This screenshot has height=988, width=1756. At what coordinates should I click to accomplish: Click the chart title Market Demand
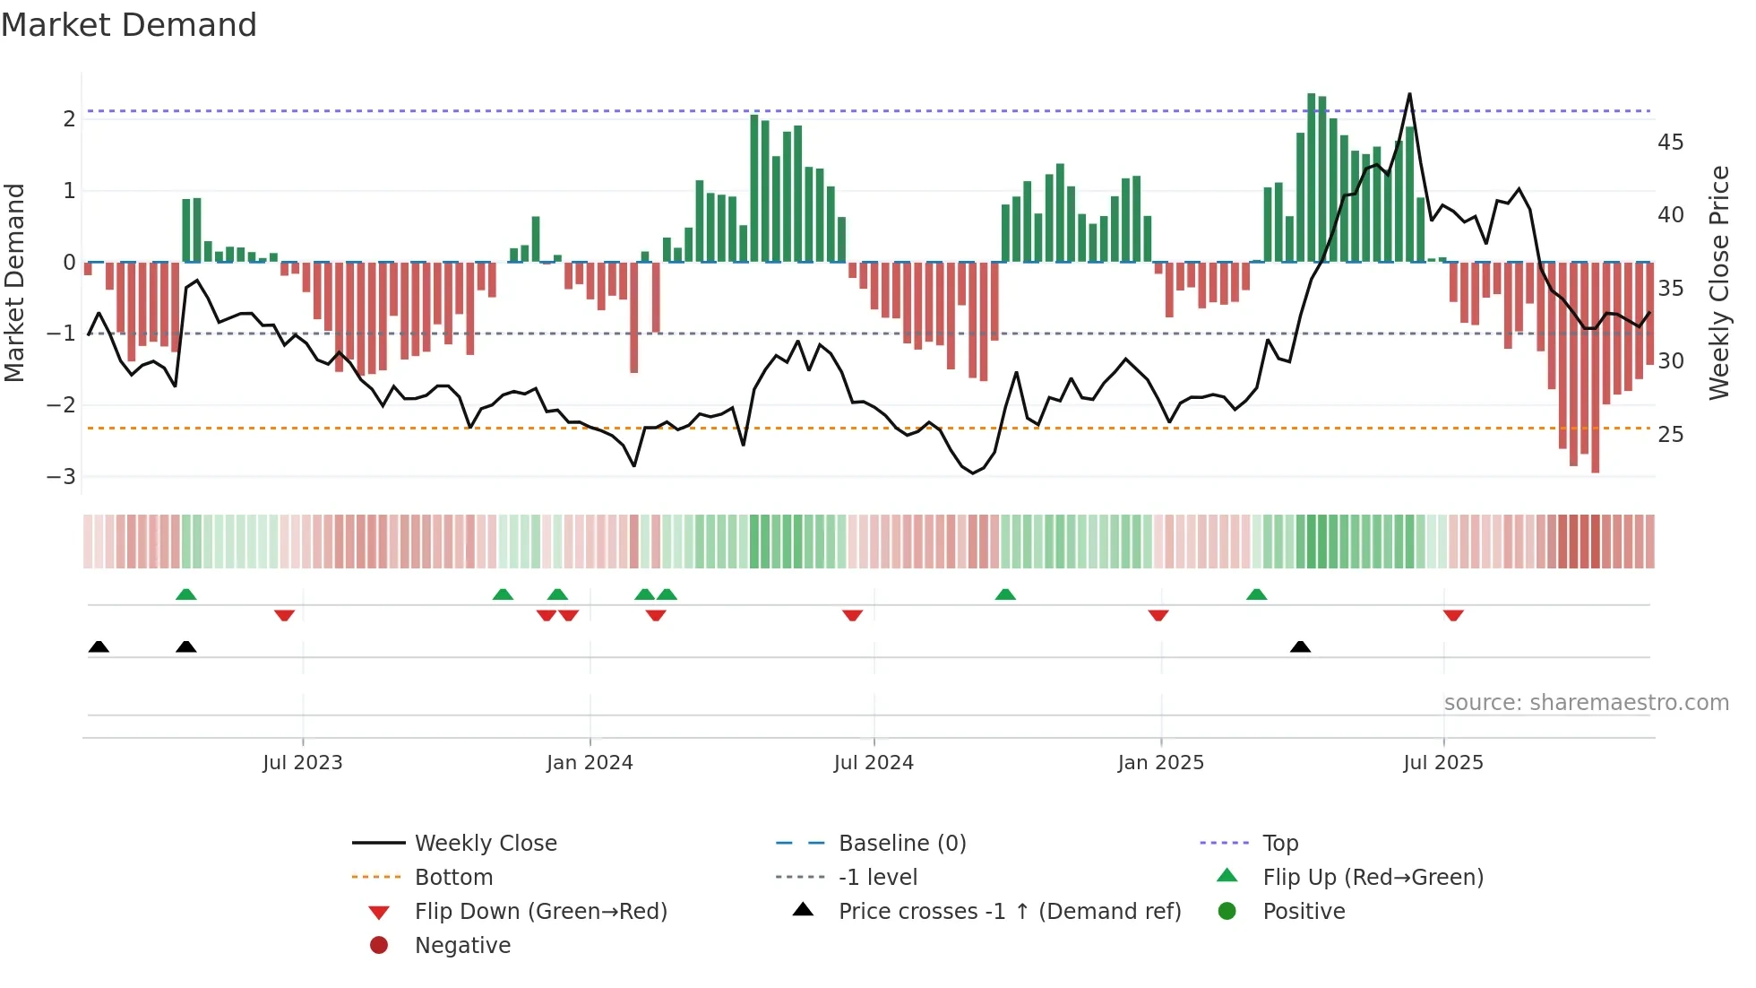[x=129, y=25]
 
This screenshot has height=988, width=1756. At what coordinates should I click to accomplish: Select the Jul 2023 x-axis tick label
[x=302, y=763]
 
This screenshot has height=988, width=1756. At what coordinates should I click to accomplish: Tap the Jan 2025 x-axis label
[x=1160, y=763]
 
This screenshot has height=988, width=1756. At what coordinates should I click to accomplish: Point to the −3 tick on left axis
[x=61, y=476]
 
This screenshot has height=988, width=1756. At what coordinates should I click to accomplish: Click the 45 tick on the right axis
[x=1670, y=143]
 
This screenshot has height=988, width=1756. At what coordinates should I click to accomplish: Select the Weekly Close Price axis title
[x=1718, y=282]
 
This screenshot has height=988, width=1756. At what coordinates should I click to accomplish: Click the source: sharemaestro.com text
[x=1586, y=703]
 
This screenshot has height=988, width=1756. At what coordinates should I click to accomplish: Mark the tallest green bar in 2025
[x=1311, y=178]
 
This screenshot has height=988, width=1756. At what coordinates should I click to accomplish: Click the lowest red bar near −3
[x=1595, y=368]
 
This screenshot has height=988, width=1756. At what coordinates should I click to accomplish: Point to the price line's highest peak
[x=1409, y=94]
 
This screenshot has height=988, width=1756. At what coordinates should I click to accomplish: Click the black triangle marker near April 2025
[x=1300, y=647]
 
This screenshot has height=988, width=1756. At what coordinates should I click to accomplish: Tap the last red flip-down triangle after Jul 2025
[x=1453, y=615]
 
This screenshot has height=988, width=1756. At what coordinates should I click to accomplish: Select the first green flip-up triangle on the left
[x=185, y=594]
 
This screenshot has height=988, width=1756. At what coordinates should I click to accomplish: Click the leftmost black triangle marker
[x=99, y=647]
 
